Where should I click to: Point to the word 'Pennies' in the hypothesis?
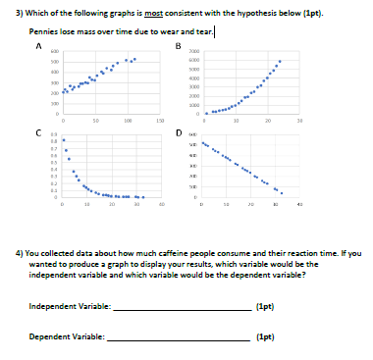[x=43, y=31]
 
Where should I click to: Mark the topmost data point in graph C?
[x=64, y=139]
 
